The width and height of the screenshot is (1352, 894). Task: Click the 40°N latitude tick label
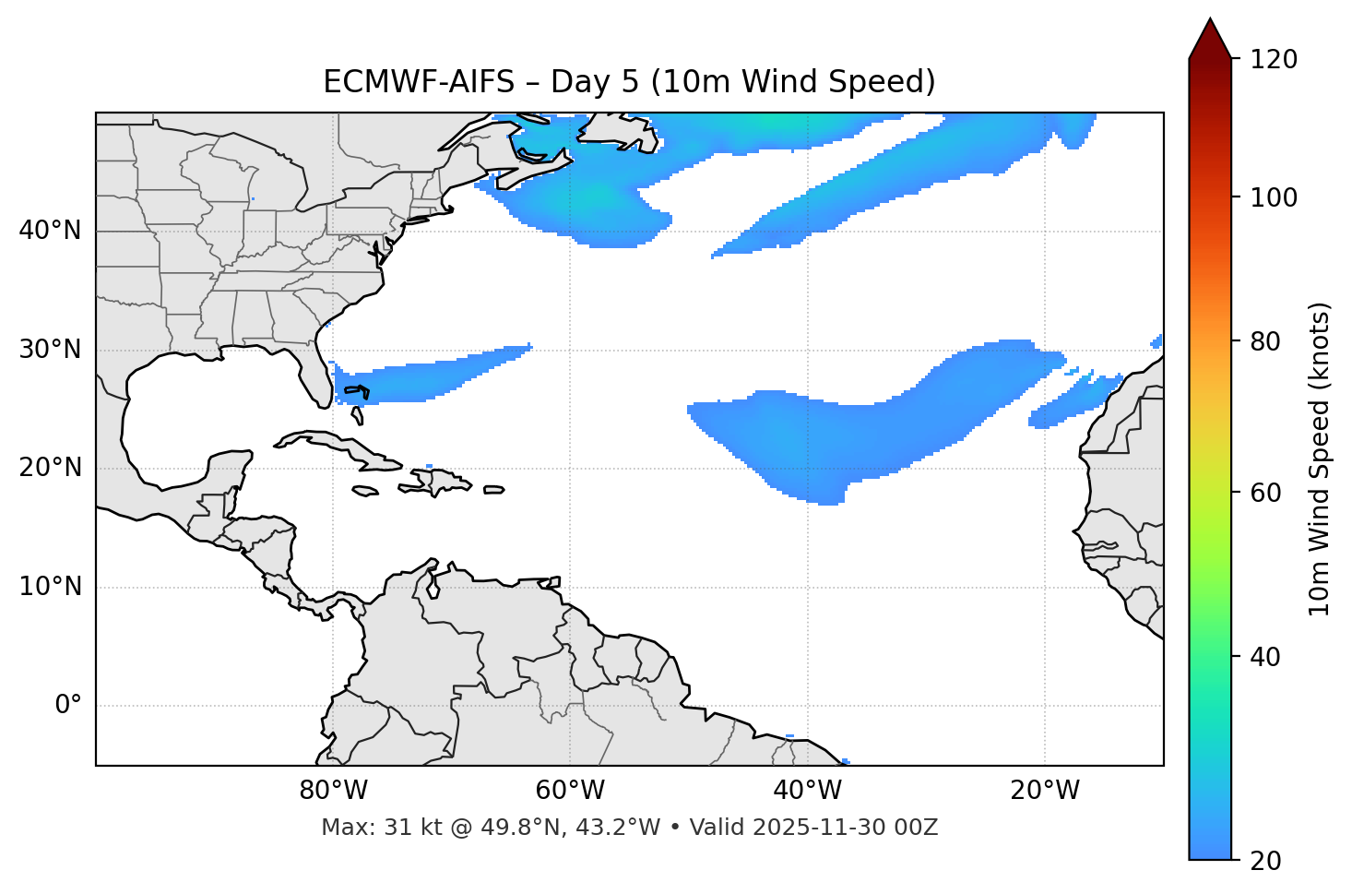(x=50, y=231)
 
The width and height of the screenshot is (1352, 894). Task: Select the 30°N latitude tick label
(x=50, y=350)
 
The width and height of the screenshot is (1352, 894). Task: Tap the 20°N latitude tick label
(x=50, y=468)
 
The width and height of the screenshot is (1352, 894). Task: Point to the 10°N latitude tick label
(x=50, y=587)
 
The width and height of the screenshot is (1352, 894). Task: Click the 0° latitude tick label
(x=68, y=706)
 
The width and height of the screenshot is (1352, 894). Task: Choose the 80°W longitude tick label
(x=333, y=791)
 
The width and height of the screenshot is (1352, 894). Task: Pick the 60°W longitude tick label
(x=570, y=791)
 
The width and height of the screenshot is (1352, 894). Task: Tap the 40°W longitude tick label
(x=807, y=791)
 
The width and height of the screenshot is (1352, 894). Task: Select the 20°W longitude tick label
(x=1044, y=791)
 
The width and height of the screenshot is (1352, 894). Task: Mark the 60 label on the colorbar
(x=1266, y=493)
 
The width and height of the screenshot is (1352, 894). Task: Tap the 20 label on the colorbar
(x=1266, y=861)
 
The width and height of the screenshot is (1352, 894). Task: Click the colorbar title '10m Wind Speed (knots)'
(x=1320, y=459)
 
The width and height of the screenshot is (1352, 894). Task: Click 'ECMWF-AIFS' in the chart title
(x=418, y=82)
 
